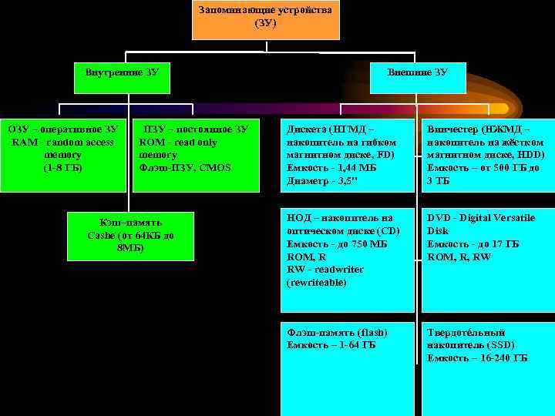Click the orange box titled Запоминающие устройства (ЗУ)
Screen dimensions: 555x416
point(265,18)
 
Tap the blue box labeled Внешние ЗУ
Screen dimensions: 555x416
point(418,73)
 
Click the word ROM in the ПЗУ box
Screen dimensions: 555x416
point(152,143)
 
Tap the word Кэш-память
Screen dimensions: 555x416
point(124,223)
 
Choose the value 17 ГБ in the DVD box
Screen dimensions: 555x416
point(504,244)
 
